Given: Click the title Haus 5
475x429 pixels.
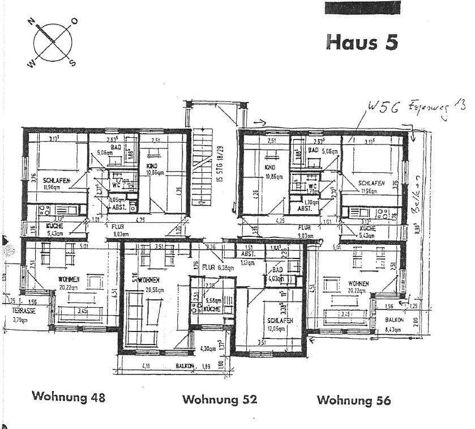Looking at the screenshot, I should tap(362, 42).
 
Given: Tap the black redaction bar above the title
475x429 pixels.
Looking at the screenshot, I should tap(362, 7).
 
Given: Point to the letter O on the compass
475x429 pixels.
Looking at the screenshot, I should tap(74, 21).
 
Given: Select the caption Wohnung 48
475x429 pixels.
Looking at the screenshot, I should tap(69, 396).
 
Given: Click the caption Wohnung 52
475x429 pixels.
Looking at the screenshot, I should tap(220, 399).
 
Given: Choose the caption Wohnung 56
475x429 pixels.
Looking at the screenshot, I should tap(353, 400).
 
